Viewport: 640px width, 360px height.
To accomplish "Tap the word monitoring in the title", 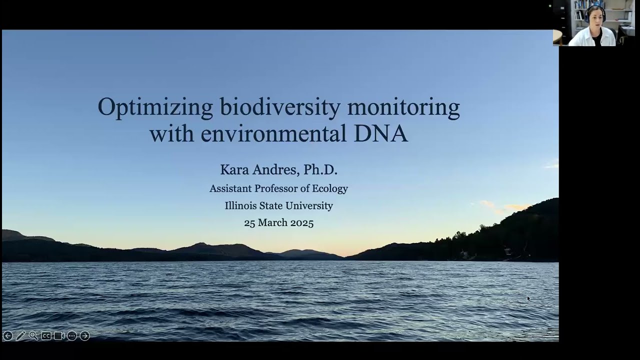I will pos(403,108).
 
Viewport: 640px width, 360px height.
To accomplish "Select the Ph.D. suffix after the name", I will pos(320,170).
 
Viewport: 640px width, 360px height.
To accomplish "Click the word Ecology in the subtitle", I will pos(329,189).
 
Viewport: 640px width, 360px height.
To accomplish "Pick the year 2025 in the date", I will pos(301,223).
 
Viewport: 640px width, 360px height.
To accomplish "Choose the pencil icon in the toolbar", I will pos(20,336).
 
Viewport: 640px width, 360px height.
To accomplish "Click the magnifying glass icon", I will pos(33,336).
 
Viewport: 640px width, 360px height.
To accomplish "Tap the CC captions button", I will pos(46,336).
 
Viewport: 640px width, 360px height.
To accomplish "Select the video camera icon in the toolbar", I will pos(59,336).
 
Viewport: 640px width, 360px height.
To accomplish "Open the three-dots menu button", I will pos(72,336).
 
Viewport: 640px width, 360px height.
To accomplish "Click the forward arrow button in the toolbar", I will pos(85,336).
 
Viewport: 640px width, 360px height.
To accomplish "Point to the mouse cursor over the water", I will pos(528,298).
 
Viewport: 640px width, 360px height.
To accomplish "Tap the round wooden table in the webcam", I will pos(557,36).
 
